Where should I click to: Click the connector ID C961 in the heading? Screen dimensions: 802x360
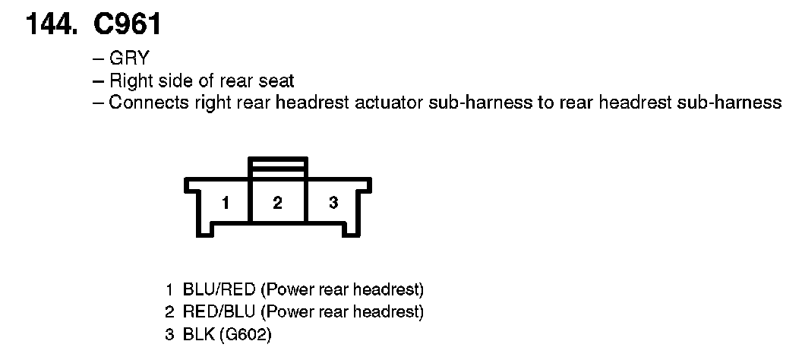pyautogui.click(x=127, y=25)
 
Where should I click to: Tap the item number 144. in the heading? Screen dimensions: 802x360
pyautogui.click(x=52, y=25)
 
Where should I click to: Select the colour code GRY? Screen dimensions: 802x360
pyautogui.click(x=128, y=58)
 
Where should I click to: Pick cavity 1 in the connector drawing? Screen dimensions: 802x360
pyautogui.click(x=225, y=203)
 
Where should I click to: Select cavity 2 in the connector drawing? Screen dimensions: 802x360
pyautogui.click(x=278, y=203)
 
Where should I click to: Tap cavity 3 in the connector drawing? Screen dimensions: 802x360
pyautogui.click(x=333, y=203)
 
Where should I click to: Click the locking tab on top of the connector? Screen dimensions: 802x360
pyautogui.click(x=278, y=168)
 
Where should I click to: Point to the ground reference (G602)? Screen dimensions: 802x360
pyautogui.click(x=244, y=333)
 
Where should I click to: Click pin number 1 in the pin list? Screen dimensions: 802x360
pyautogui.click(x=170, y=289)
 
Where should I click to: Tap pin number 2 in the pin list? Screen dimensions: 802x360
pyautogui.click(x=170, y=311)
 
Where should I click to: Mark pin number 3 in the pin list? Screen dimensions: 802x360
pyautogui.click(x=170, y=333)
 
